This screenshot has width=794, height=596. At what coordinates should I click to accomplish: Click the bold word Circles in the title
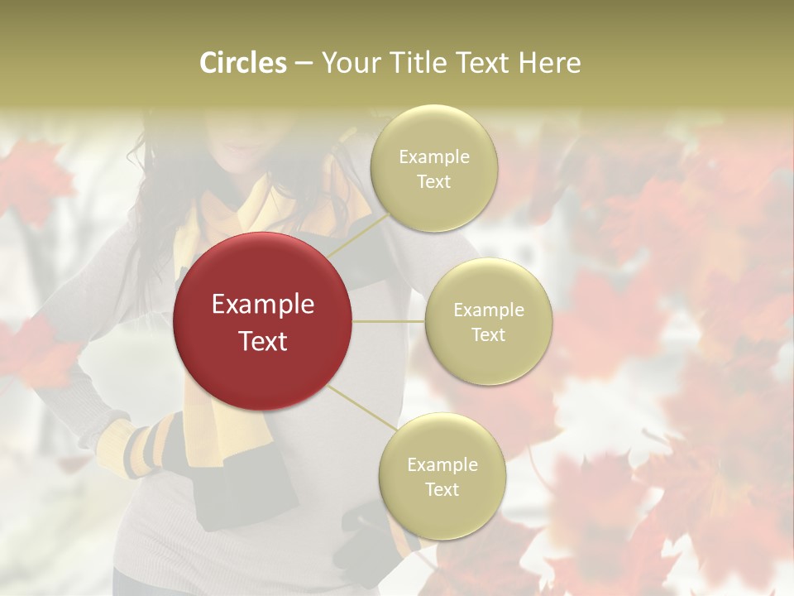click(243, 63)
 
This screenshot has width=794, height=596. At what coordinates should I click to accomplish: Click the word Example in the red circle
click(263, 305)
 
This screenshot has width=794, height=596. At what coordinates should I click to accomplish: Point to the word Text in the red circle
click(263, 340)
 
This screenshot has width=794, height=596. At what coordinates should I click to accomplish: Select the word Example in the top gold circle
click(433, 157)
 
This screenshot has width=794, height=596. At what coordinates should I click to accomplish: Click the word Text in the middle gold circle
click(488, 334)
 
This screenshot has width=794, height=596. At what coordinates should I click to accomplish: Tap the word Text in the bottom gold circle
click(442, 489)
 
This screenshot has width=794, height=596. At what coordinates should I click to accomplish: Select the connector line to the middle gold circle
click(389, 321)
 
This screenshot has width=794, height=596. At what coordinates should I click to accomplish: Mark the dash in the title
click(303, 64)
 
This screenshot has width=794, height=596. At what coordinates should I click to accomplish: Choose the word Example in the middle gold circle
click(488, 310)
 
